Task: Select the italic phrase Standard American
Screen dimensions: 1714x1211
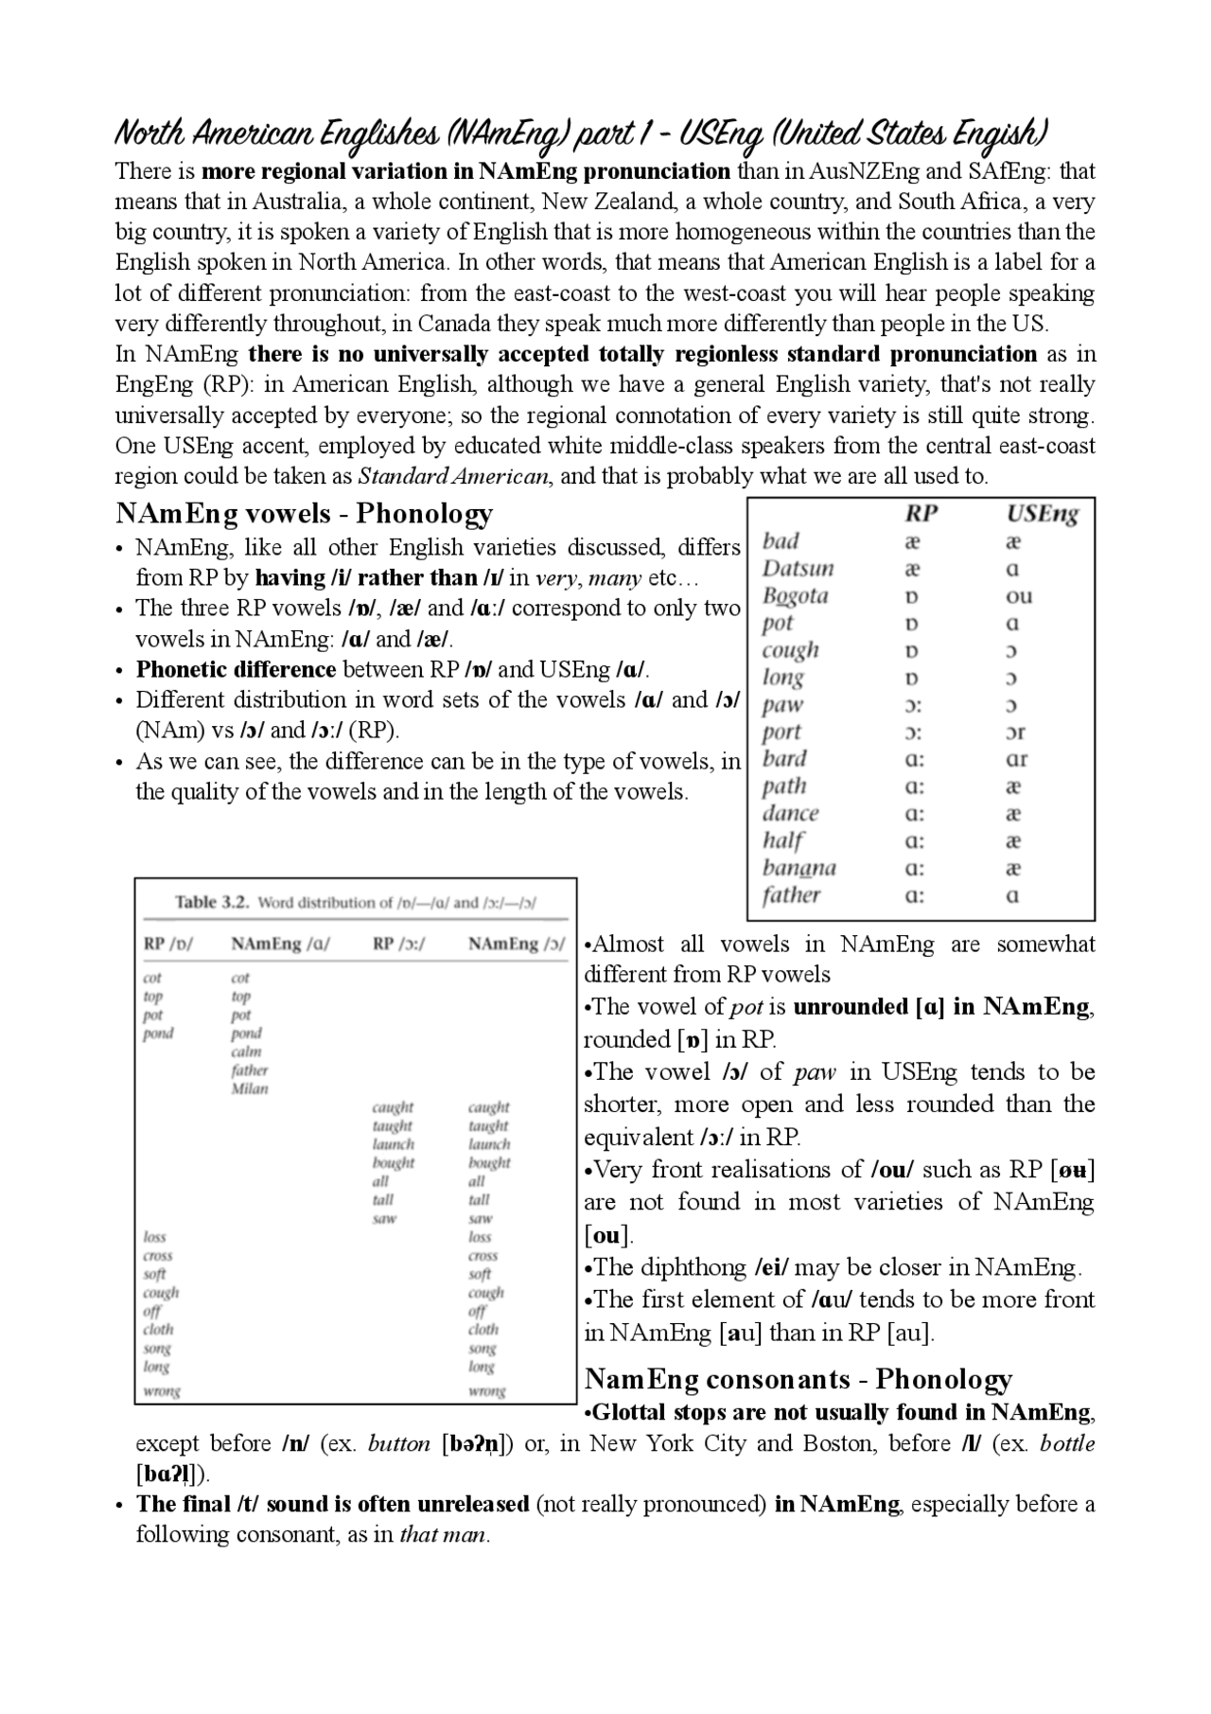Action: coord(453,476)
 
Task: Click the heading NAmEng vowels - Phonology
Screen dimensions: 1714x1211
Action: coord(304,514)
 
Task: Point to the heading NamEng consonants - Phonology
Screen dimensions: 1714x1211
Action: coord(799,1379)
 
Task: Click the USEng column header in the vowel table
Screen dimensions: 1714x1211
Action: coord(1042,514)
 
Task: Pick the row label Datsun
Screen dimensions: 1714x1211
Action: coord(799,569)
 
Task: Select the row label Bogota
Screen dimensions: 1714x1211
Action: coord(795,596)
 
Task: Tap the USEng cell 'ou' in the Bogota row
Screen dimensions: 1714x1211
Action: coord(1019,596)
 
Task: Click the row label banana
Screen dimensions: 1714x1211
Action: coord(799,868)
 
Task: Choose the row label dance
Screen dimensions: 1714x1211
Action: coord(790,814)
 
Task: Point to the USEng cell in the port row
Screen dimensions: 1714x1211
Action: coord(1016,733)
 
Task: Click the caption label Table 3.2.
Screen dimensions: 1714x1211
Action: coord(213,902)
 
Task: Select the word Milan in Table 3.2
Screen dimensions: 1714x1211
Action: coord(250,1088)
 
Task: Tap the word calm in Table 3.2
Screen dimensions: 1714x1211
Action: coord(246,1051)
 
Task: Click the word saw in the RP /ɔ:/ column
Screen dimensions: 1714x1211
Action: coord(384,1218)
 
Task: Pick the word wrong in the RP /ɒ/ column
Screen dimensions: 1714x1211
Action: coord(161,1390)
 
